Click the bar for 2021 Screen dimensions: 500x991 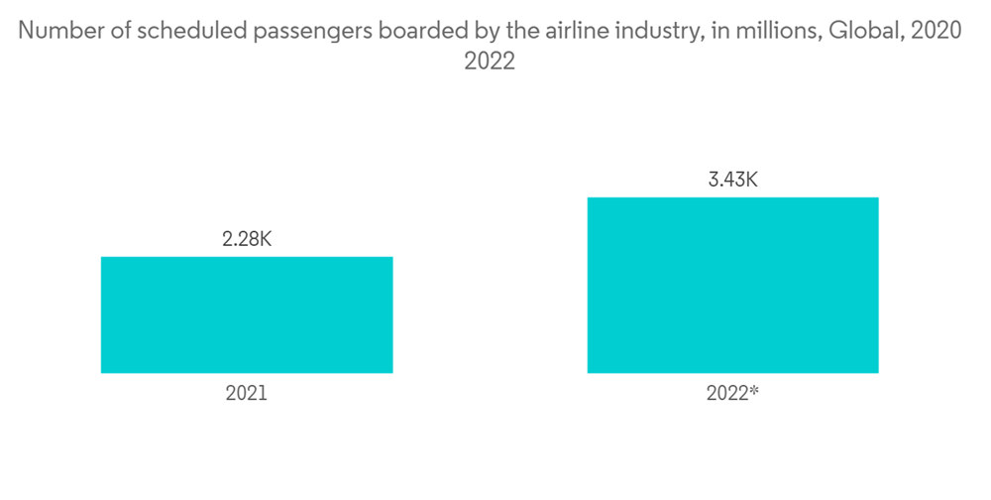(247, 314)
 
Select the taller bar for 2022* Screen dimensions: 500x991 (732, 285)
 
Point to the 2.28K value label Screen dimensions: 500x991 (247, 239)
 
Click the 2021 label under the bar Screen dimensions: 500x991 (247, 393)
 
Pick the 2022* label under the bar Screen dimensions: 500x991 (732, 393)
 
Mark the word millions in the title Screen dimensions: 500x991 (768, 31)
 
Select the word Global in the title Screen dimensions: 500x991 (864, 31)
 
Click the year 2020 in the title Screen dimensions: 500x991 (936, 31)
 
